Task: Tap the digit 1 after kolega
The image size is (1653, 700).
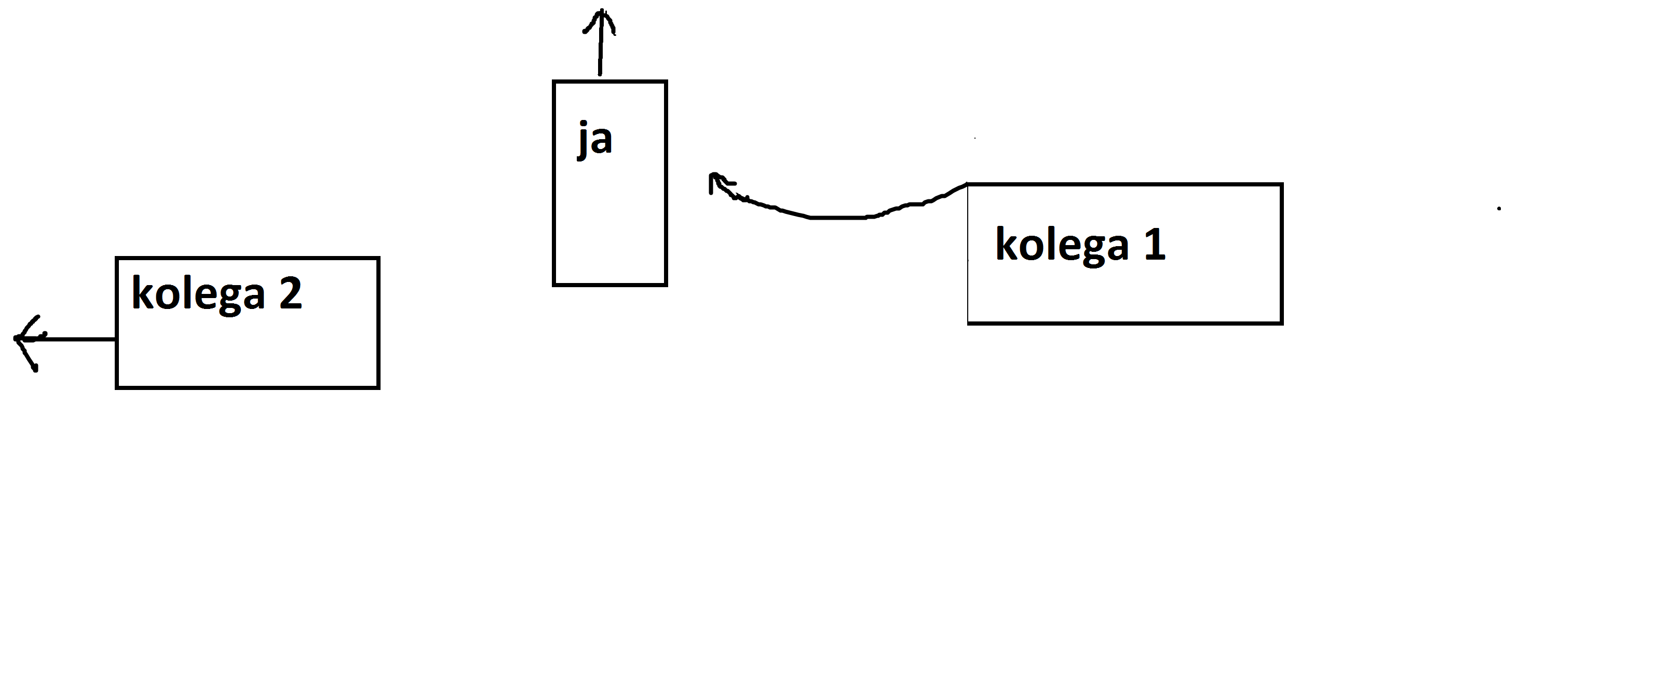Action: (1155, 245)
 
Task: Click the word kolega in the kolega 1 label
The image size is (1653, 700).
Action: (1062, 245)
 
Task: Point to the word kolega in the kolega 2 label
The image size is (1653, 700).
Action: (198, 294)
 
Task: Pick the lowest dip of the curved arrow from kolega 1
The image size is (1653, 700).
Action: (834, 218)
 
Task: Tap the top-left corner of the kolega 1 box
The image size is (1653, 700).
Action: (968, 185)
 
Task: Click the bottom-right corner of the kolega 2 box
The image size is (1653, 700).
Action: (378, 387)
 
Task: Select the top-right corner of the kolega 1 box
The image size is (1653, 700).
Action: (1281, 185)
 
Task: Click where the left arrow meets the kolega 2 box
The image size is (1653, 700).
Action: (116, 339)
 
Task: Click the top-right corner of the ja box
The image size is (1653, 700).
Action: (666, 82)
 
